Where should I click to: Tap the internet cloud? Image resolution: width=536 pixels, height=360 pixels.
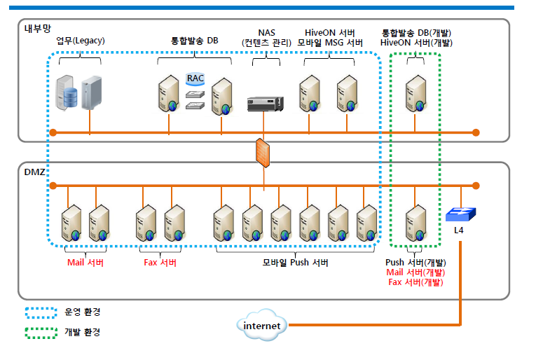point(262,326)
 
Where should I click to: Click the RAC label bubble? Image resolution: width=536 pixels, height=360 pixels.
point(195,78)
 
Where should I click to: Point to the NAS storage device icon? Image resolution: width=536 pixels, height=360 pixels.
point(266,104)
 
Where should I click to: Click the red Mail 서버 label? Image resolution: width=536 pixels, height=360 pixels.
point(85,263)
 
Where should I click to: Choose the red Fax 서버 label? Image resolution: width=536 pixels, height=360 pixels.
point(160,263)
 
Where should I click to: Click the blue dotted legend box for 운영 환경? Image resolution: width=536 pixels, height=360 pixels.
point(41,312)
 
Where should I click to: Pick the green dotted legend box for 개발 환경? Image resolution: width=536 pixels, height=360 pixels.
point(41,332)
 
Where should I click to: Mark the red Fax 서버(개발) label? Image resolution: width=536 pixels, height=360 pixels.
point(416,282)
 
